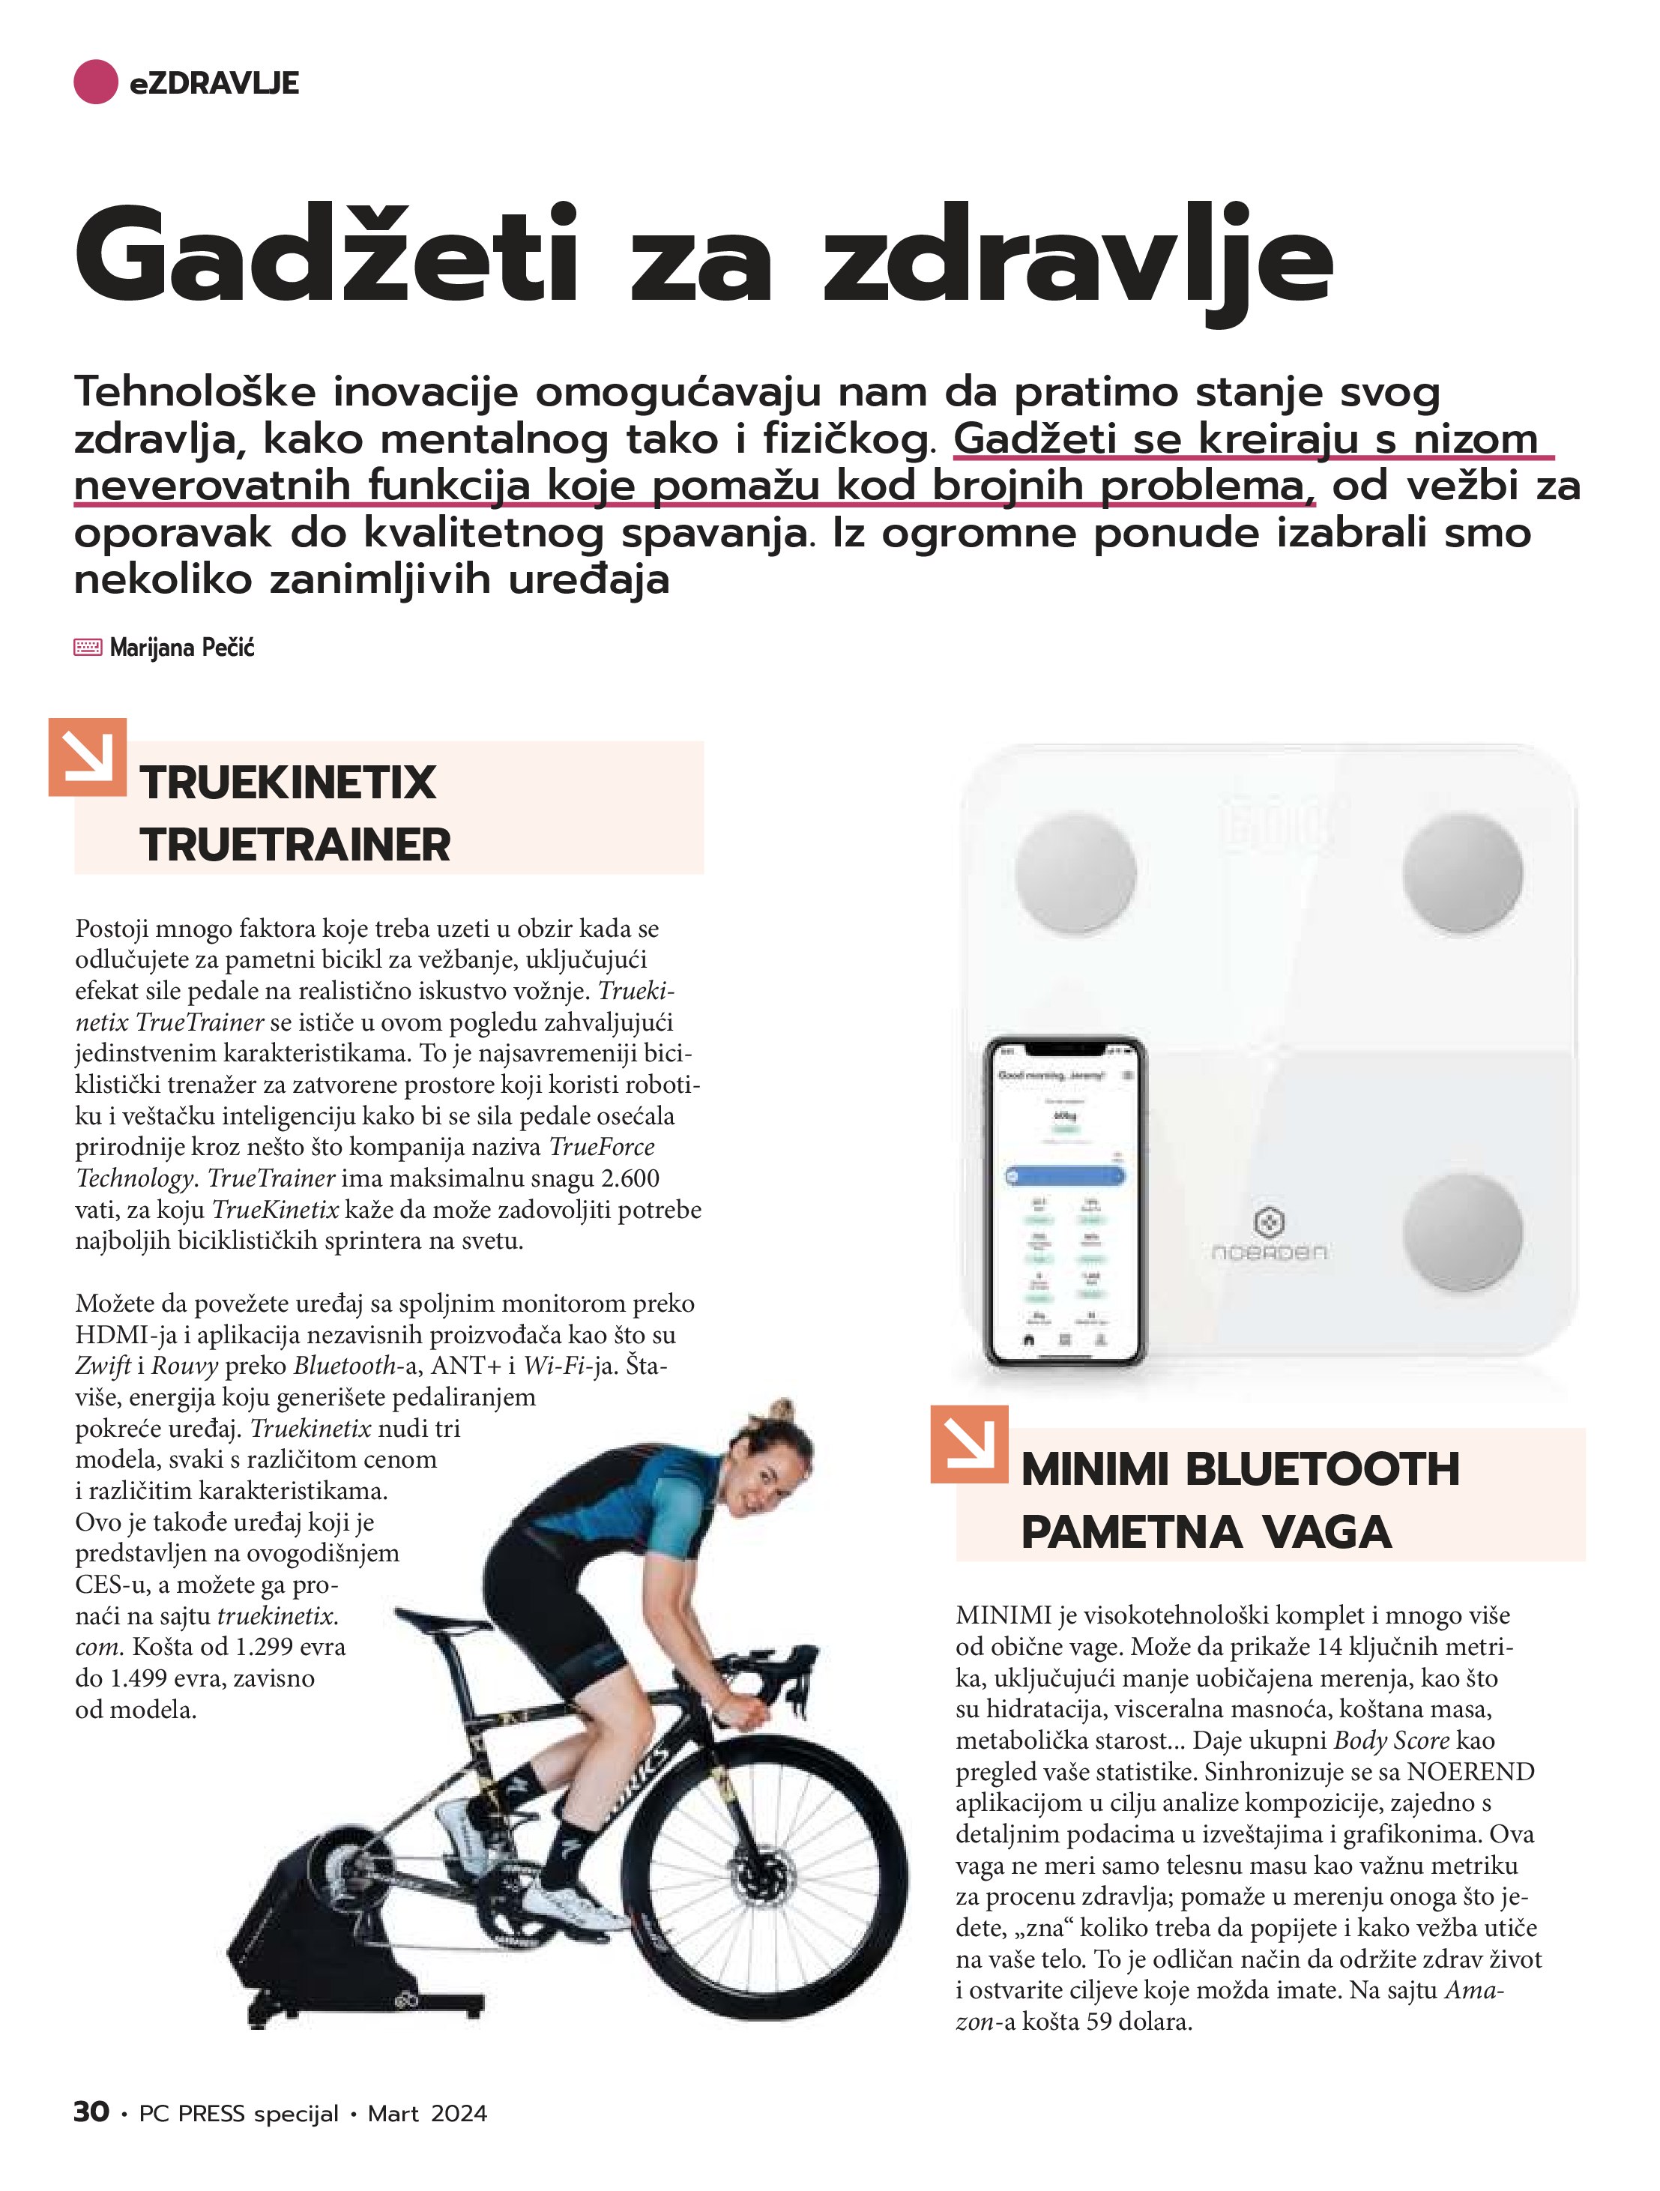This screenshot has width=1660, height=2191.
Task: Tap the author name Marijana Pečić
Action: click(182, 648)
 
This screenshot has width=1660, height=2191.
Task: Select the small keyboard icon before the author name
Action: click(87, 648)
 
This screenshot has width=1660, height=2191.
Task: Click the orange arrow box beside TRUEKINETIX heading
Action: click(87, 757)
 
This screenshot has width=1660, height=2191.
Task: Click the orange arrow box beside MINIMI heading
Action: click(969, 1444)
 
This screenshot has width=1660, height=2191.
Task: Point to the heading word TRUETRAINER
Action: click(295, 845)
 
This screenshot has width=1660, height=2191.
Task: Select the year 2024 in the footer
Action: click(459, 2114)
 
